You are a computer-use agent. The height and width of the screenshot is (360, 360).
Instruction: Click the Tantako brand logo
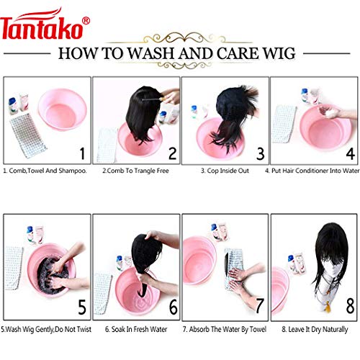point(45,29)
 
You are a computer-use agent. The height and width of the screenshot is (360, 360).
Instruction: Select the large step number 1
point(81,153)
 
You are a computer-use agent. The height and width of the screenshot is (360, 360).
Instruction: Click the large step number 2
point(171,153)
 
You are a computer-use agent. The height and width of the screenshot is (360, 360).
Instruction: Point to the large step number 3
point(261,153)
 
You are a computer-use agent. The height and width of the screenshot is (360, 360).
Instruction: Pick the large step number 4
point(350,153)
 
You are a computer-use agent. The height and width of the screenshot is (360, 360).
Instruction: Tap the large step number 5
point(81,307)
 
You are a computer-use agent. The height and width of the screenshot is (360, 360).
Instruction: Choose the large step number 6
point(172,307)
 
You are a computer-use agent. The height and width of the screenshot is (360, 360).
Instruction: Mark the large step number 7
point(261,307)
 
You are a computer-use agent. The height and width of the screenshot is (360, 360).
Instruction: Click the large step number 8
point(350,307)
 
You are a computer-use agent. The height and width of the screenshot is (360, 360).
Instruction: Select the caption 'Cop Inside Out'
point(225,171)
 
